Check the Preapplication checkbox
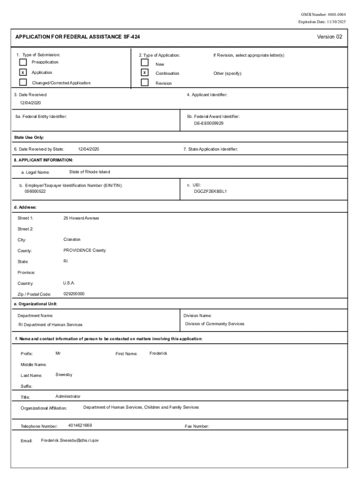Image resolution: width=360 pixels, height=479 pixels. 23,62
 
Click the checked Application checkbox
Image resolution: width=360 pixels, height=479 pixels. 23,73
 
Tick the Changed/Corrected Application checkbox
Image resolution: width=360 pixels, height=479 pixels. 23,83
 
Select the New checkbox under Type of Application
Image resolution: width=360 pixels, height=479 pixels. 145,63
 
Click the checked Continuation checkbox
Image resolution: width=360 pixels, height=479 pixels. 145,73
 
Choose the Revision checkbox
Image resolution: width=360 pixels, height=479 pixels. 145,83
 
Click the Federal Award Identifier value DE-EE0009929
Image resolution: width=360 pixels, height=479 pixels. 209,123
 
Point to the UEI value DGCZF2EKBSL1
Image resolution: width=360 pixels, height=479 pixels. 210,191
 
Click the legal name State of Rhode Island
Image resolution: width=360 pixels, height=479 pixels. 90,172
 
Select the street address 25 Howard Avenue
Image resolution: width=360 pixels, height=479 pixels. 81,218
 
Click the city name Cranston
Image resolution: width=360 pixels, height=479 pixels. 72,239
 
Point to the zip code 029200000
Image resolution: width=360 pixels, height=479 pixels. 74,294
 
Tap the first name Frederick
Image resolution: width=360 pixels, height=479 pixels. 158,353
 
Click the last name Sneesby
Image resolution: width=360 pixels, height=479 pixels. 64,375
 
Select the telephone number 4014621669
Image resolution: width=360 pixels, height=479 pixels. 80,426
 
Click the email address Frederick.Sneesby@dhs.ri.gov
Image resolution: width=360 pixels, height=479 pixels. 70,441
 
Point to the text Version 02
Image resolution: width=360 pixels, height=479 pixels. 330,37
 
